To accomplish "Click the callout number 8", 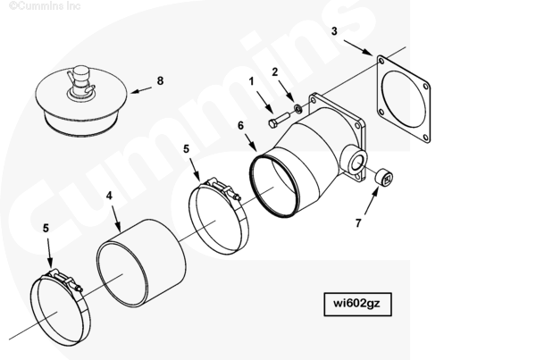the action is [160, 81].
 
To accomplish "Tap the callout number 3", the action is [334, 31].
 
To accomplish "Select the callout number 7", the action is [358, 223].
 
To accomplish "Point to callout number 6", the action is [240, 126].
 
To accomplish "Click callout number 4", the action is [109, 196].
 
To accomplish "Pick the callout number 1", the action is [252, 81].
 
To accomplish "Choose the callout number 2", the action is [275, 72].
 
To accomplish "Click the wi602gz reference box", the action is [357, 304].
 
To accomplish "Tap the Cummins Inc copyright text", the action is [45, 5].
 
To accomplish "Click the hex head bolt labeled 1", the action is [279, 120].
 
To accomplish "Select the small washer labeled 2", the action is [297, 109].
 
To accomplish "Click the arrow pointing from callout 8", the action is [141, 90].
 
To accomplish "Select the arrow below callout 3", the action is [358, 47].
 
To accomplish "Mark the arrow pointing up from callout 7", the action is [372, 200].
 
